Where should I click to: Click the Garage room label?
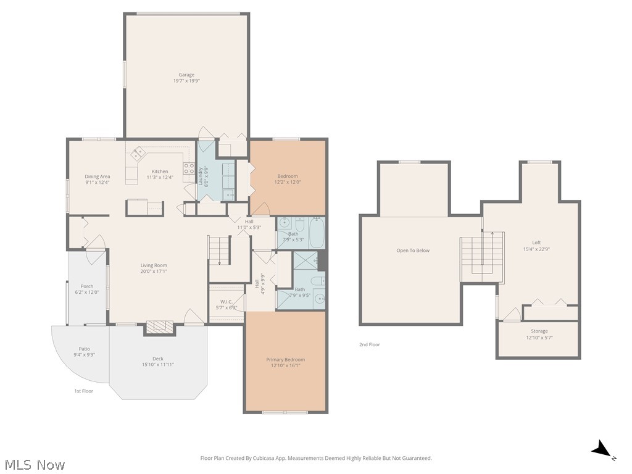(x=186, y=75)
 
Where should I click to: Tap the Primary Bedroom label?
(x=285, y=359)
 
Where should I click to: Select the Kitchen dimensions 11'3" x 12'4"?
(x=160, y=178)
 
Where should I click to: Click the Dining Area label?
(x=98, y=177)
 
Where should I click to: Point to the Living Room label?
(x=154, y=265)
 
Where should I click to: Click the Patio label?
(x=84, y=349)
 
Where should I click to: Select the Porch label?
(x=87, y=286)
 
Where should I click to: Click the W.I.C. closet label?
(x=227, y=302)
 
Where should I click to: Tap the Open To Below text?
(x=413, y=251)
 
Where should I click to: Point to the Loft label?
(x=536, y=243)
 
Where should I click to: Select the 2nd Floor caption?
(x=370, y=344)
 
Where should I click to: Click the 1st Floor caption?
(x=83, y=391)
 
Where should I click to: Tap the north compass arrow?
(x=602, y=451)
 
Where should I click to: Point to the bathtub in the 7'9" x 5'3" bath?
(x=315, y=233)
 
